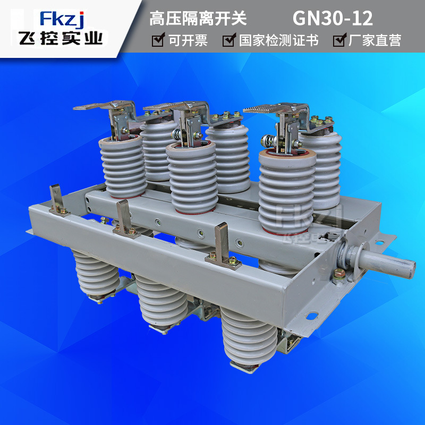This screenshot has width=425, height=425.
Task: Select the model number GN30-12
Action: coord(333,19)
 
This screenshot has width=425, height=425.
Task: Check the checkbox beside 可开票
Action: coord(158,40)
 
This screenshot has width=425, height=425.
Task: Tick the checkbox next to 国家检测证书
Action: coord(228,40)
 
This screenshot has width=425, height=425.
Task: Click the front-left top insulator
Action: coord(123,165)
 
